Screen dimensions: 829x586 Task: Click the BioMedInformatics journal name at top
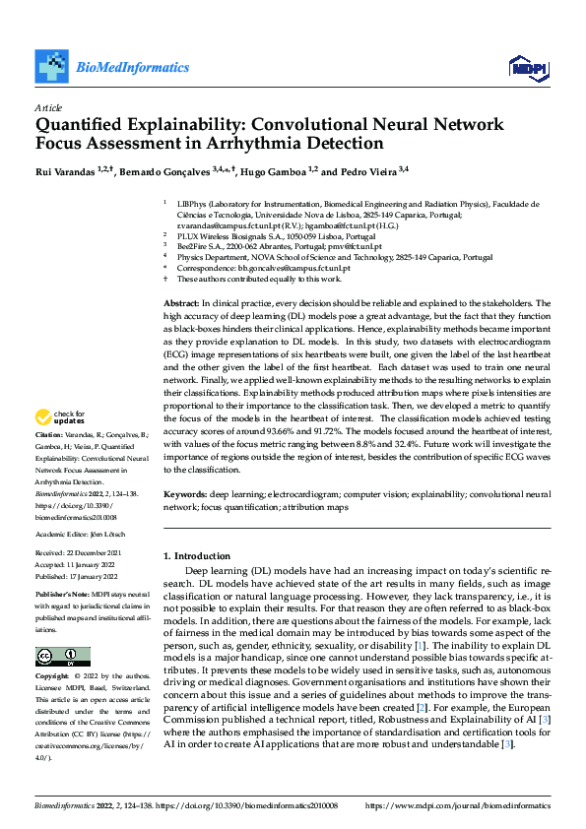click(x=132, y=67)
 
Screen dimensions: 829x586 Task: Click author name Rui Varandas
click(x=66, y=171)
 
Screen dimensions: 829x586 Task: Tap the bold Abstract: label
click(x=182, y=304)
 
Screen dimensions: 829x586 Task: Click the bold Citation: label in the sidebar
click(x=49, y=462)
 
